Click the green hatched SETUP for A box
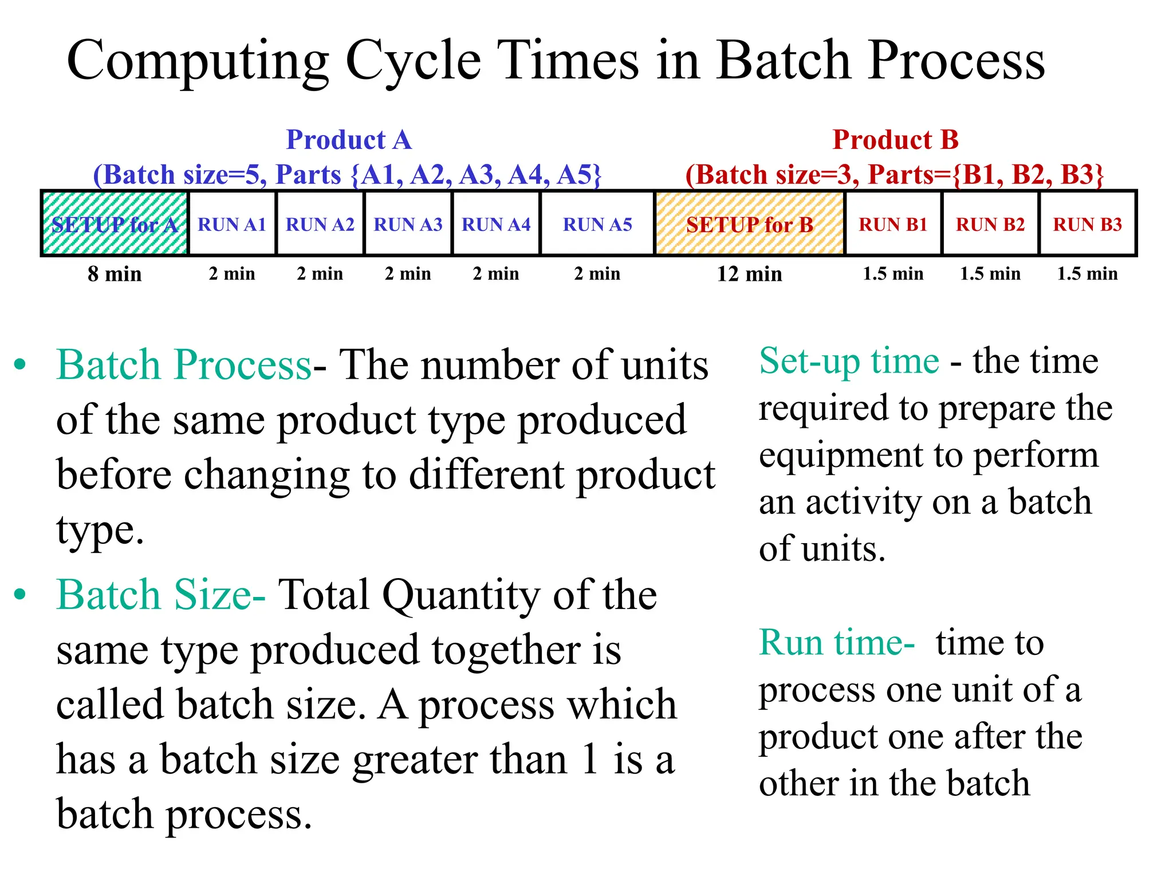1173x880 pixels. (x=115, y=223)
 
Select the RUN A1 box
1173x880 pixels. (x=232, y=223)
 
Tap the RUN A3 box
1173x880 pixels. (x=408, y=223)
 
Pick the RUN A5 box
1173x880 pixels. (x=597, y=223)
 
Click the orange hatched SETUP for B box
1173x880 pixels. (x=749, y=223)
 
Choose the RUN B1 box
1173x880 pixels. (x=892, y=223)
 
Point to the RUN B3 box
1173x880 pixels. (x=1087, y=223)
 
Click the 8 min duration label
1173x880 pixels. (x=115, y=274)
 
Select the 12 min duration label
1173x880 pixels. (x=749, y=274)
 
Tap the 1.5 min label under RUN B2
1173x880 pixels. (x=990, y=274)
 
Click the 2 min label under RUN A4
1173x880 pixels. (x=496, y=274)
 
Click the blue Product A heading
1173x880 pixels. (x=348, y=140)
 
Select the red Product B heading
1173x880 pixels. (x=895, y=140)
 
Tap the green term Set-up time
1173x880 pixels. (x=849, y=361)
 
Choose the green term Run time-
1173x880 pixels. (x=836, y=642)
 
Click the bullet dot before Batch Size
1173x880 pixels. (x=20, y=595)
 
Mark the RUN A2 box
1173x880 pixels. (x=320, y=223)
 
